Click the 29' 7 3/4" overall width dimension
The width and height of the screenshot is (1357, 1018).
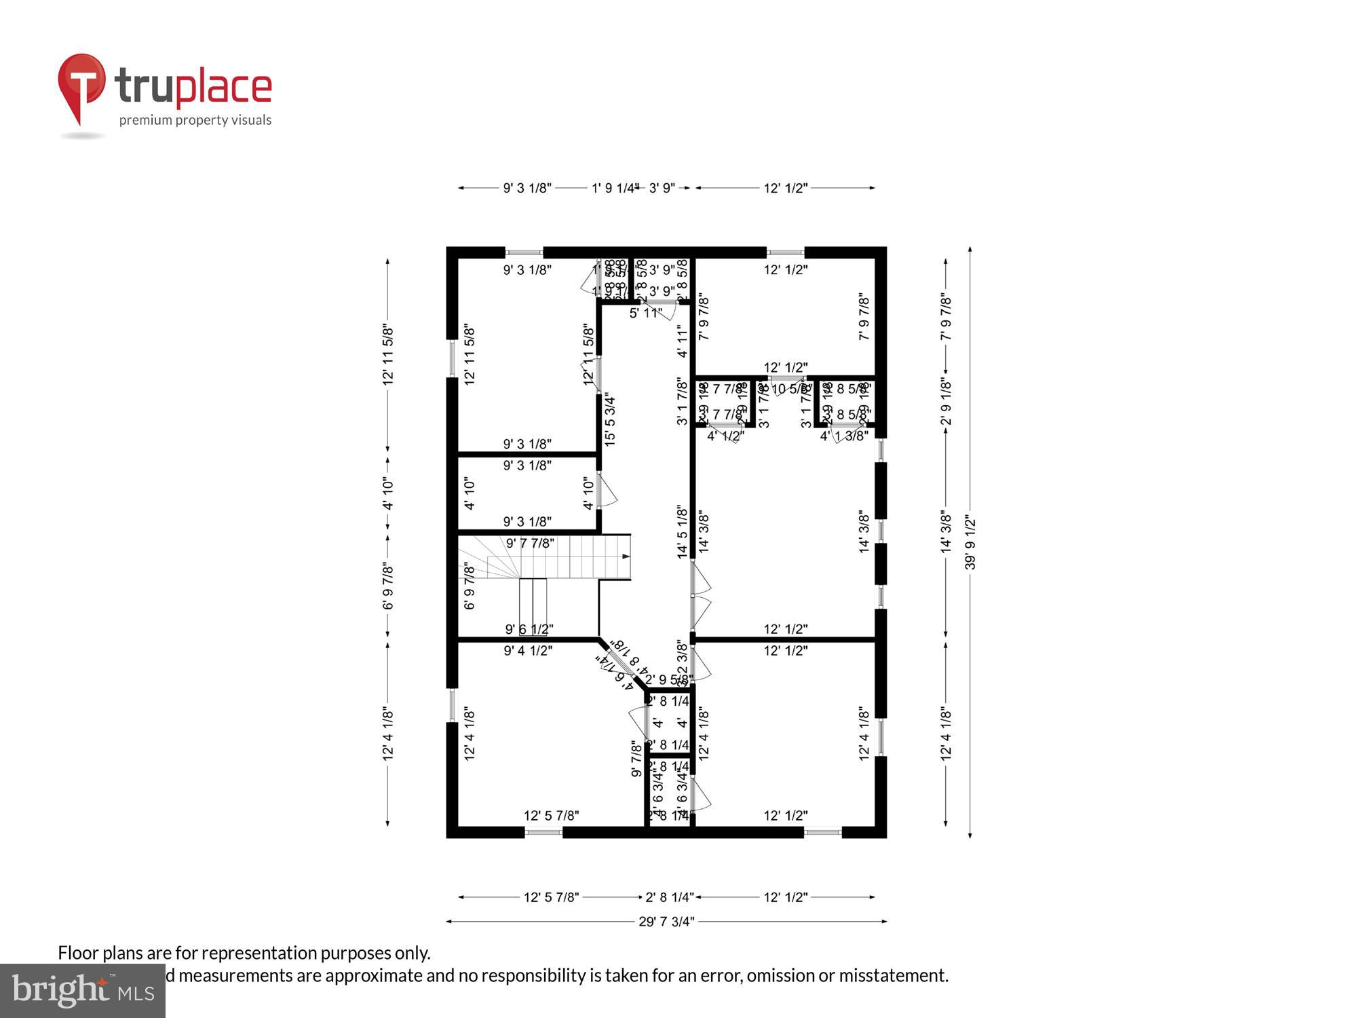(666, 922)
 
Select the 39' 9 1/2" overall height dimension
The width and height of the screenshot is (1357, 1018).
(970, 543)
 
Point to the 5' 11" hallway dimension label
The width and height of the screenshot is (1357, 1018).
(645, 314)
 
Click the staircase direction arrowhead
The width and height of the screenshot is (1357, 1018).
(626, 557)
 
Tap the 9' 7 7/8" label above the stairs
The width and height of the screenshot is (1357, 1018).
(530, 543)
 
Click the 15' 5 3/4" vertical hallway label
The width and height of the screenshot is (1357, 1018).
(610, 418)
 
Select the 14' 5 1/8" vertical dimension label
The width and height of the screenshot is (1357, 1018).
(683, 531)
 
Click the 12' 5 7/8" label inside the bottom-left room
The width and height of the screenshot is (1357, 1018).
(551, 816)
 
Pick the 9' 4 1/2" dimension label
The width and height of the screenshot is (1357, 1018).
(528, 651)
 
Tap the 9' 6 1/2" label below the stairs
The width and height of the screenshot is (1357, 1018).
(529, 629)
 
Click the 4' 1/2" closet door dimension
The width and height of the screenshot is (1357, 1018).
(725, 436)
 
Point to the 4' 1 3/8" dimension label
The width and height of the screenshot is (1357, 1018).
(844, 436)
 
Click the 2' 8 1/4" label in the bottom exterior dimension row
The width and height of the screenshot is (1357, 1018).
(669, 897)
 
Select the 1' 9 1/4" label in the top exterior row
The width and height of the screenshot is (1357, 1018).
(615, 188)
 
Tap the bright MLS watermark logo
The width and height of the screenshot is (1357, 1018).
(83, 991)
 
